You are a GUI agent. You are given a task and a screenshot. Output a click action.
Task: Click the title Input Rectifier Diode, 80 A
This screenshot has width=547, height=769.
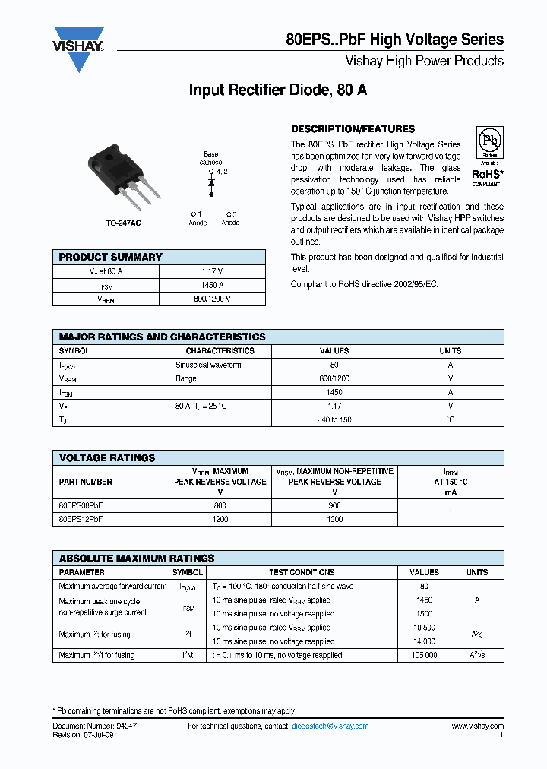(x=277, y=90)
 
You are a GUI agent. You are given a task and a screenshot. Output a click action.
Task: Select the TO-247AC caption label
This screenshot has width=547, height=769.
(x=123, y=223)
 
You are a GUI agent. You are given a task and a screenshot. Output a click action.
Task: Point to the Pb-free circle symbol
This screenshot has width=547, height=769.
(x=489, y=143)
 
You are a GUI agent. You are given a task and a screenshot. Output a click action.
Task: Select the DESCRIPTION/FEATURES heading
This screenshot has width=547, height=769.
(x=353, y=129)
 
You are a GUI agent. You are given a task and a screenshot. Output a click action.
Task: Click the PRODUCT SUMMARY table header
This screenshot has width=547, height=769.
(x=111, y=257)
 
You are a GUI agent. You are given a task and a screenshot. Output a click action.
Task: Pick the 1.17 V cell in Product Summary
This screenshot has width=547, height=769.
(x=212, y=271)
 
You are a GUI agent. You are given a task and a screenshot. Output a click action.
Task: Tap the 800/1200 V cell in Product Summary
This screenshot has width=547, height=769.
(x=212, y=299)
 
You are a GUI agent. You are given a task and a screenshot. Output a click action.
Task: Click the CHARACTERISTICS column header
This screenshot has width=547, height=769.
(x=220, y=351)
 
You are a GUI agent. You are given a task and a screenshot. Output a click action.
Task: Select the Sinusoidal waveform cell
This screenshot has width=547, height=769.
(x=208, y=365)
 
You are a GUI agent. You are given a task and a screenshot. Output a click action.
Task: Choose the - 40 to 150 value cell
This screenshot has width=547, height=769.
(x=334, y=420)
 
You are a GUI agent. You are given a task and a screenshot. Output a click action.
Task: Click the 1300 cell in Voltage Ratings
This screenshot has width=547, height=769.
(x=334, y=519)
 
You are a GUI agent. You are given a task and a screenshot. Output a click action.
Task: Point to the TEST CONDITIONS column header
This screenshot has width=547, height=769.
(x=302, y=572)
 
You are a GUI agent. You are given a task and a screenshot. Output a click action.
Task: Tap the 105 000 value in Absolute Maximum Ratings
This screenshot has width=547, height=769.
(x=424, y=655)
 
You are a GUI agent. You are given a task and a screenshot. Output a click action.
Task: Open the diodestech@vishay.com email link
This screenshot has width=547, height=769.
(x=330, y=726)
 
